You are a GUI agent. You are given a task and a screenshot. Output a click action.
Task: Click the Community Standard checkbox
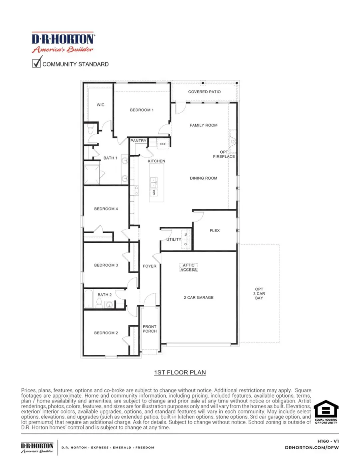tap(36, 63)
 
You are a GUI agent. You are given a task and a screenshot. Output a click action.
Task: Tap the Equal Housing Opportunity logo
tap(326, 412)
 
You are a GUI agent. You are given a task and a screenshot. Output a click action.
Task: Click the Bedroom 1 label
tap(142, 110)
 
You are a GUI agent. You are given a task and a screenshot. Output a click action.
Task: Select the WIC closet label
tap(100, 105)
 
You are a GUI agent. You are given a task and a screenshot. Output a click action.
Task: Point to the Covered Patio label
tap(204, 92)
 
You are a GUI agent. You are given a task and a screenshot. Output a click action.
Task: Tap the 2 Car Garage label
tap(198, 298)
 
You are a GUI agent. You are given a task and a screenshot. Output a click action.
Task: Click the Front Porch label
tap(150, 329)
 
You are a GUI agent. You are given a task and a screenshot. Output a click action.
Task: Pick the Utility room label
tap(174, 240)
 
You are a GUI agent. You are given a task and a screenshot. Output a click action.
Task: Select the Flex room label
tap(215, 230)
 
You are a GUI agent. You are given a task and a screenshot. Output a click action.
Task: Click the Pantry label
tap(138, 141)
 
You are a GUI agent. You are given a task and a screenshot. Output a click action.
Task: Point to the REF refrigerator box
tap(163, 144)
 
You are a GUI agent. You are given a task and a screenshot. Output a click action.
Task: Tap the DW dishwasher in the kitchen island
tap(153, 193)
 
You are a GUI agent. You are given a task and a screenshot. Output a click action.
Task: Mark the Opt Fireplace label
tap(224, 154)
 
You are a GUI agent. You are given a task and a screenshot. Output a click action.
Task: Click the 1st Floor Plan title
tap(180, 372)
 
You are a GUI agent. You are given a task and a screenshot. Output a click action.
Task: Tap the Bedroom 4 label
tap(106, 208)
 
